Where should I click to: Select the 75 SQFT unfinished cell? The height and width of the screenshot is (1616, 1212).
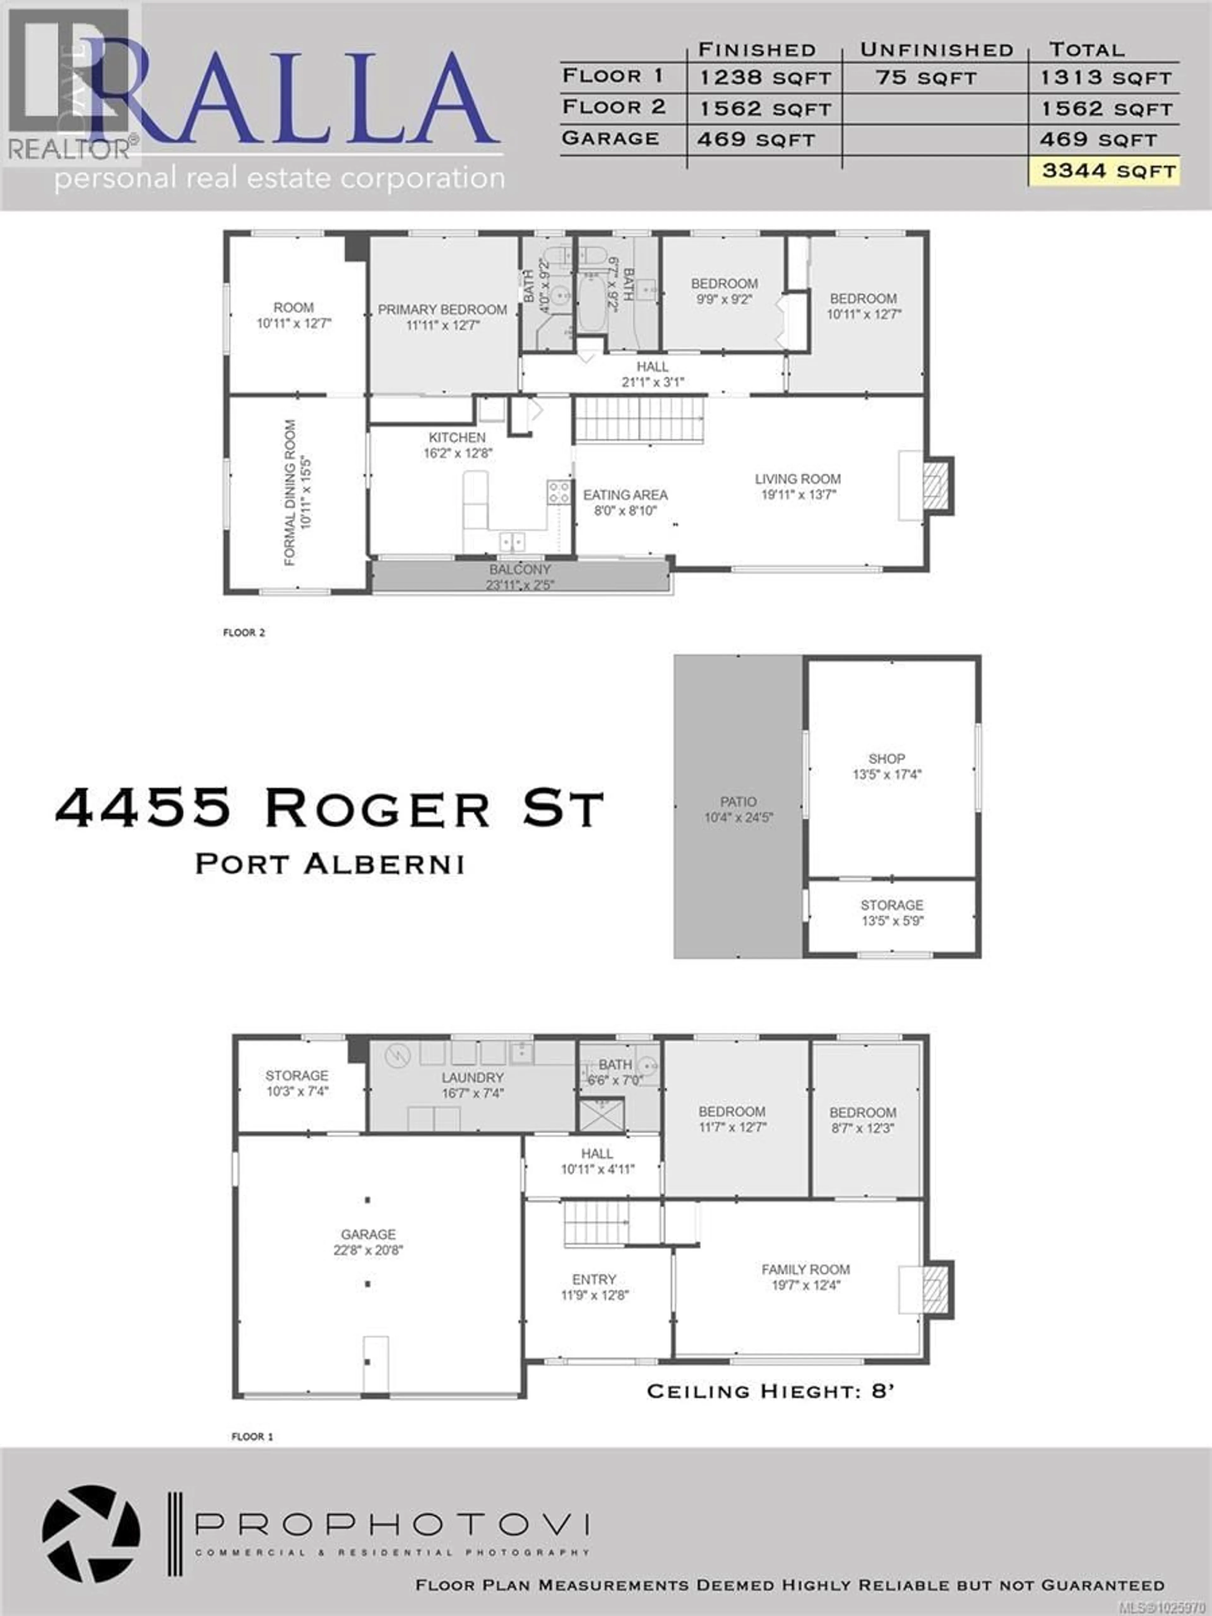926,77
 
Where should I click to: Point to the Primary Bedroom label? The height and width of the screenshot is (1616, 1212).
442,310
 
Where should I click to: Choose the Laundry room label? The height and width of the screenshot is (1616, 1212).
472,1078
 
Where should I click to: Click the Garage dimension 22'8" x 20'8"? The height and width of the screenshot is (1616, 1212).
368,1250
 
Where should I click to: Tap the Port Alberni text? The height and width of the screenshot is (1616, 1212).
330,864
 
